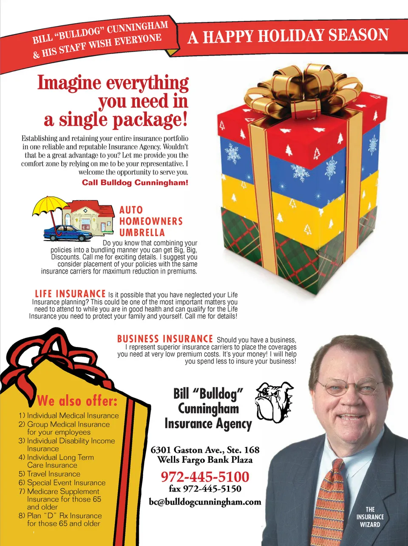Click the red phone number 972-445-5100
(x=205, y=477)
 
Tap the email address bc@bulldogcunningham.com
(x=205, y=502)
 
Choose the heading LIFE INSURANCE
(x=70, y=294)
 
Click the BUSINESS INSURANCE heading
(x=165, y=339)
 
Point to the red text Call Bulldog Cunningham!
(x=135, y=182)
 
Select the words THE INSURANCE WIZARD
(x=370, y=517)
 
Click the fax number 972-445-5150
(x=205, y=489)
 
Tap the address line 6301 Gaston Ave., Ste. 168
(x=205, y=450)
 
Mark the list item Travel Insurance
(x=54, y=474)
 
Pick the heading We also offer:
(x=77, y=401)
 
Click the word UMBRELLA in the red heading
(x=142, y=233)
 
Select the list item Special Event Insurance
(x=66, y=483)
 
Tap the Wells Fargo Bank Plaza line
(x=205, y=460)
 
